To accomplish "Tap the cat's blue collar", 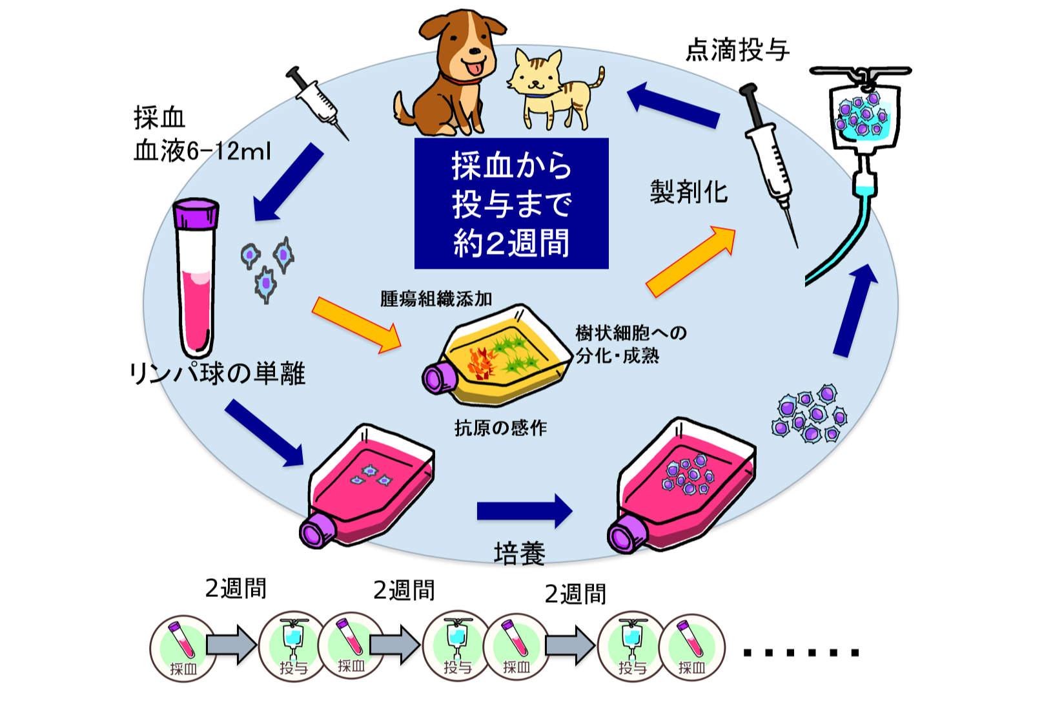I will click(537, 96).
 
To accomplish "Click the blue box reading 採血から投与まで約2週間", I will click(511, 204).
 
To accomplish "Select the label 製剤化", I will click(688, 192).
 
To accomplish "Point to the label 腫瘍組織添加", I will click(436, 298).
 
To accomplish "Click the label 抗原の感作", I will click(500, 428).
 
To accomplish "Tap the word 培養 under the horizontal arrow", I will click(520, 554).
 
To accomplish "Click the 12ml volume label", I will click(243, 151).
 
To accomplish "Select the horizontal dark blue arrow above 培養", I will click(524, 511).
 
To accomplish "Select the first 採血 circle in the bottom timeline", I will click(183, 648).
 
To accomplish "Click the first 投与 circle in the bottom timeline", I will click(292, 647).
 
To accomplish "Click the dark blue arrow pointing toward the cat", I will click(674, 105).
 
